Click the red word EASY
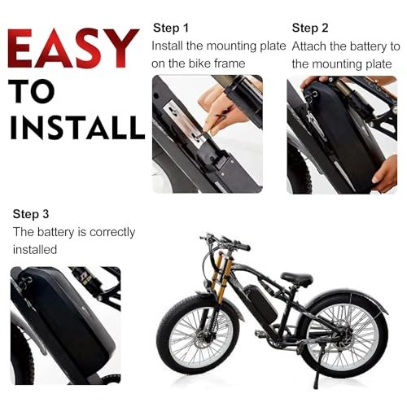[x=73, y=48]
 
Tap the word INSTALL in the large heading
[x=77, y=128]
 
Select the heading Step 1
[x=171, y=28]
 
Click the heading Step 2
[x=310, y=28]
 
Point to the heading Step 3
[x=31, y=214]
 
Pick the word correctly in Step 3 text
[x=112, y=233]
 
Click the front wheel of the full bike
[x=198, y=335]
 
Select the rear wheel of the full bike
[x=344, y=336]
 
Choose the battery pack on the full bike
[x=260, y=303]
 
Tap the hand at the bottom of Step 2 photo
[x=385, y=173]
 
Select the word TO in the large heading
[x=32, y=91]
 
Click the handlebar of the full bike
[x=225, y=242]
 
